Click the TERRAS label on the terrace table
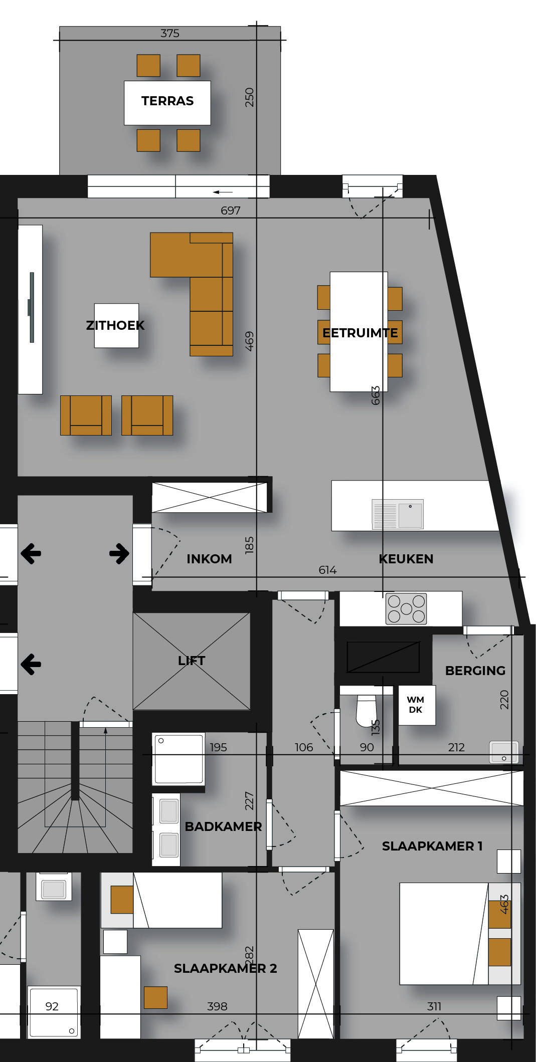tap(167, 101)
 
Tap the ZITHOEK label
tap(115, 325)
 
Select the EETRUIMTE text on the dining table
tap(360, 333)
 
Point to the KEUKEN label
tap(406, 559)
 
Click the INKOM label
tap(209, 559)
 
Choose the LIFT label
tap(192, 661)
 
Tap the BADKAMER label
tap(223, 826)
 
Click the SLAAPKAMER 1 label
tap(432, 846)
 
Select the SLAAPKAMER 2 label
tap(225, 968)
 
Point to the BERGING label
tap(475, 671)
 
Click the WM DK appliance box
tap(417, 705)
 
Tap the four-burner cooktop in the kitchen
tap(406, 609)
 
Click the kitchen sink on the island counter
tap(398, 514)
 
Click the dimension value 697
tap(231, 210)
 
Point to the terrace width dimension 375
tap(169, 33)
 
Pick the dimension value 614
tap(327, 570)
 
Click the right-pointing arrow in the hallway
tap(119, 554)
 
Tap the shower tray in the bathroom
tap(178, 759)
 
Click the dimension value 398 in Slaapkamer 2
tap(217, 1006)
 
